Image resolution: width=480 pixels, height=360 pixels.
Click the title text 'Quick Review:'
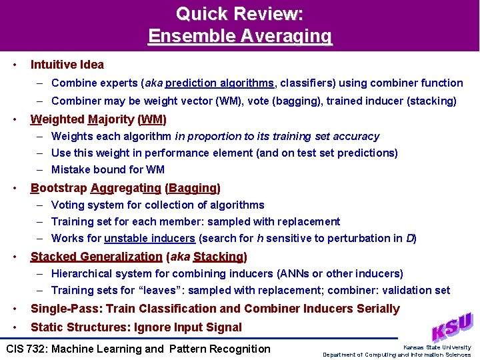pos(239,13)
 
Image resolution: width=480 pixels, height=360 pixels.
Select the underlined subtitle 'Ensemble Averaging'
pos(239,35)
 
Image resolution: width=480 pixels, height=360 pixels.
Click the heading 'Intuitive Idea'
pos(67,65)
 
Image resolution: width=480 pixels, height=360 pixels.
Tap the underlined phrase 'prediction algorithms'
pos(219,83)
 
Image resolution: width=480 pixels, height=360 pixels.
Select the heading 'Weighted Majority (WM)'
pos(99,119)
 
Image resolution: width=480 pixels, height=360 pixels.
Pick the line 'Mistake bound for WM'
pos(108,169)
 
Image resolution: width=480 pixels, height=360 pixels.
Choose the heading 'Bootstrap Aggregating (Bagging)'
pos(125,188)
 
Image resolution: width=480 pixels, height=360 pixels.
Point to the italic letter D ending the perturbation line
pos(410,238)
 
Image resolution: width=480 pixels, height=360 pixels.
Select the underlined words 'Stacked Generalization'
pos(97,257)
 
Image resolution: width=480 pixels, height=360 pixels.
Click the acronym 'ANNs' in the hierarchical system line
pos(300,273)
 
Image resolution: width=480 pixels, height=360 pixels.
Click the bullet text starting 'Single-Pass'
pos(215,309)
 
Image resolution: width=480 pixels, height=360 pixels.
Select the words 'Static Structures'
pos(75,327)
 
